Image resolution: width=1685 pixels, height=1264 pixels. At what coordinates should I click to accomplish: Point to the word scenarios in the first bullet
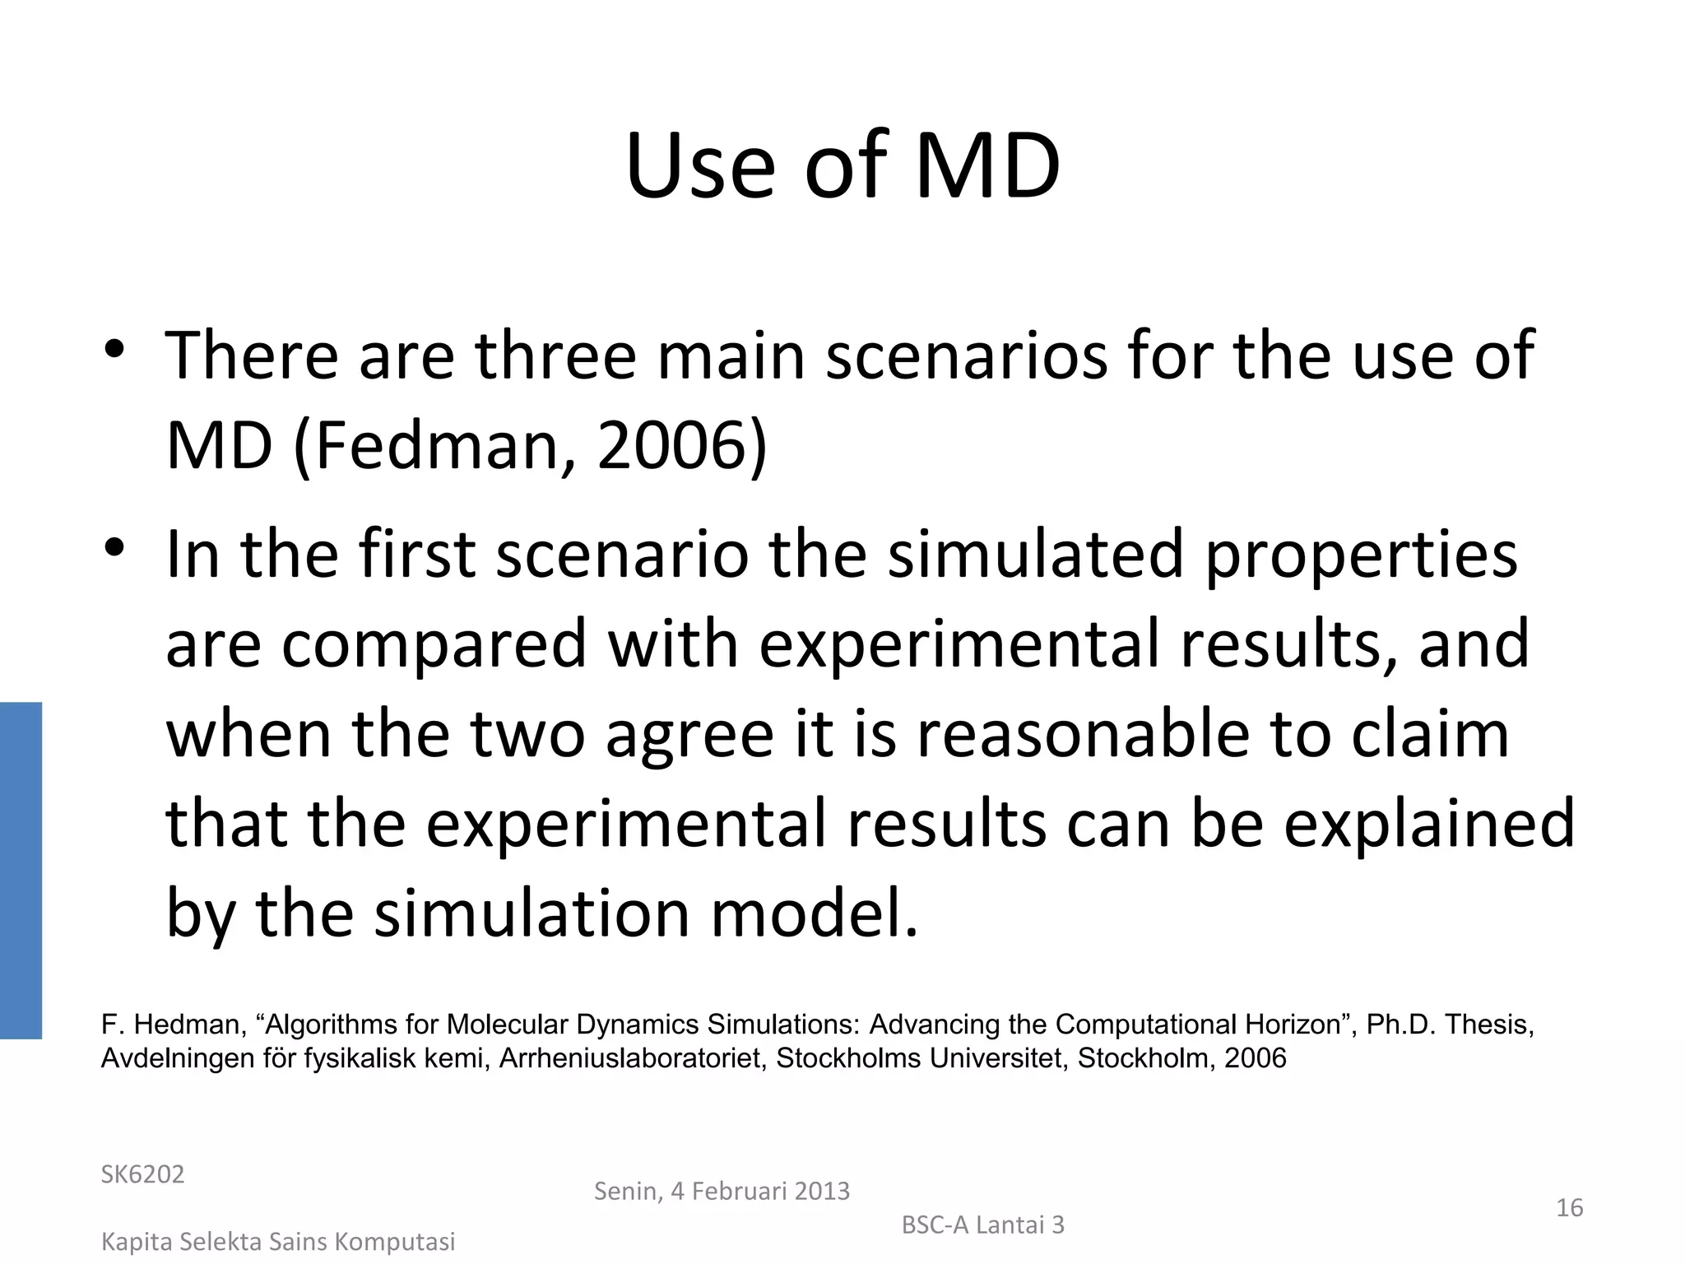(x=967, y=355)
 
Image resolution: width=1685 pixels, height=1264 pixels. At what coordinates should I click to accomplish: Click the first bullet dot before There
(x=114, y=350)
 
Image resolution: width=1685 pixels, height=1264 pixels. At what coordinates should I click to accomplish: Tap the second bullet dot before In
(x=114, y=547)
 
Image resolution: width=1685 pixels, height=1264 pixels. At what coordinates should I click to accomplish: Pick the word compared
(x=434, y=644)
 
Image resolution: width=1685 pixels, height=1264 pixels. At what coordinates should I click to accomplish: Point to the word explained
(x=1429, y=824)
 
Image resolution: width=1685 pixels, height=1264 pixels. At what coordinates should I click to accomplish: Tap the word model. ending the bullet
(x=814, y=913)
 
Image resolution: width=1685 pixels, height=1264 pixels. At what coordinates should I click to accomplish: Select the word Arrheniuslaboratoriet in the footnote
(x=634, y=1058)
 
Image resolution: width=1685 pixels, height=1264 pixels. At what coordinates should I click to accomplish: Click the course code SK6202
(x=142, y=1174)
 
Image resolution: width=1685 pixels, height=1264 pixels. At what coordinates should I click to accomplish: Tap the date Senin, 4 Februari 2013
(x=722, y=1191)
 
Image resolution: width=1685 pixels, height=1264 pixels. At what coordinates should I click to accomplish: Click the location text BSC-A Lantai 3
(x=983, y=1225)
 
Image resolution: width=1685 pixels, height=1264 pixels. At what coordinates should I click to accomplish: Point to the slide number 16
(x=1570, y=1208)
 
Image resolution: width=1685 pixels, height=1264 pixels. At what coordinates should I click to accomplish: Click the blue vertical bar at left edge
(x=21, y=870)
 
